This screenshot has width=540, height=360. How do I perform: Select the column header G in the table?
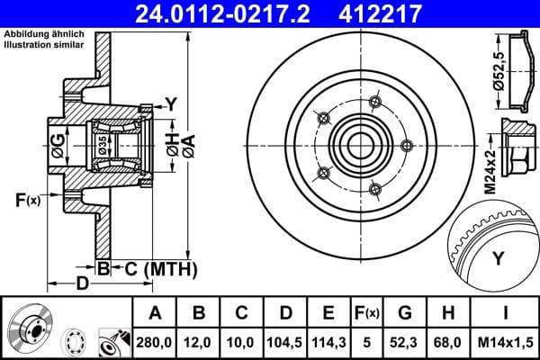pos(405,313)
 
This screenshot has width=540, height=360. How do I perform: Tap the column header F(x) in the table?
pos(367,313)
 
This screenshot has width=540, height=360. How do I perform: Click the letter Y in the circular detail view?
pos(497,259)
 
